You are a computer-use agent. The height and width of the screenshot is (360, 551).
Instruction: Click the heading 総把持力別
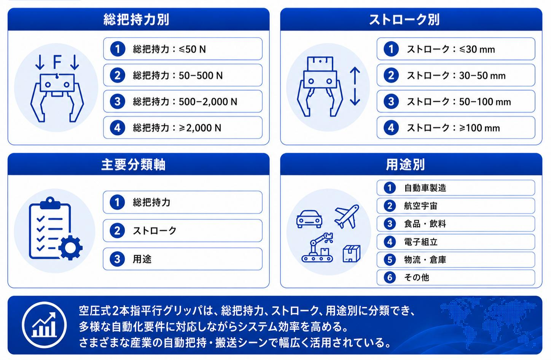click(x=136, y=19)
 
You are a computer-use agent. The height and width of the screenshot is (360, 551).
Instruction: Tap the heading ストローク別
click(x=404, y=19)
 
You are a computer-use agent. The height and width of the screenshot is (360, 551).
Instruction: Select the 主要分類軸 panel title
click(x=133, y=164)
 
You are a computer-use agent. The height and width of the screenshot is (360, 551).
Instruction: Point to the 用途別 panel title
click(x=405, y=164)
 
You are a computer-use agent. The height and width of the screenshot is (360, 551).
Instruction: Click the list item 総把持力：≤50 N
click(x=183, y=49)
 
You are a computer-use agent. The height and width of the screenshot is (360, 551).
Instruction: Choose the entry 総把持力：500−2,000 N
click(x=183, y=101)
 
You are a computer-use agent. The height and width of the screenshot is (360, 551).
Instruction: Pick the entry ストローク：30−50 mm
click(x=456, y=75)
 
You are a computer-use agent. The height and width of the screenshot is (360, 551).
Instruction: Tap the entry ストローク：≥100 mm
click(x=456, y=128)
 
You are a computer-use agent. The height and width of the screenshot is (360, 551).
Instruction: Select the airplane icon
click(x=347, y=216)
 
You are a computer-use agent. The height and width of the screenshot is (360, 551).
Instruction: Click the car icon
click(x=309, y=219)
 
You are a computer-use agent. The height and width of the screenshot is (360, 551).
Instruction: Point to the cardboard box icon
click(x=352, y=253)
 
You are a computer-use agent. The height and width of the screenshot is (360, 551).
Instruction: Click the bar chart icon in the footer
click(x=44, y=325)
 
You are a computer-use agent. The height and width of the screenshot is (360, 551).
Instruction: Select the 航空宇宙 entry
click(x=456, y=206)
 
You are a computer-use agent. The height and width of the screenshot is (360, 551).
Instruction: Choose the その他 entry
click(x=456, y=277)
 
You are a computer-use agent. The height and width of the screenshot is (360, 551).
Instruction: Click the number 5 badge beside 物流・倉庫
click(x=390, y=260)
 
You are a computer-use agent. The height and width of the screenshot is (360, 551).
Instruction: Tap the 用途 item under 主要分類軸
click(x=183, y=259)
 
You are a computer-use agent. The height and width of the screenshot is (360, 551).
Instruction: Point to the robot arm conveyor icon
click(x=317, y=247)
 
